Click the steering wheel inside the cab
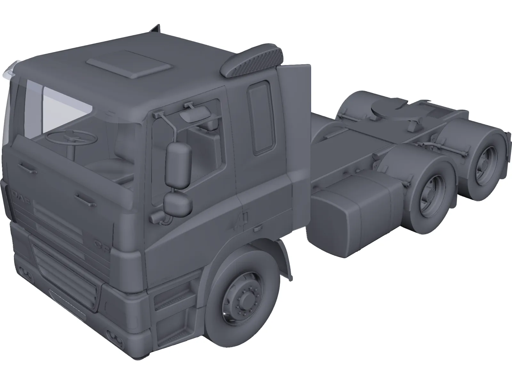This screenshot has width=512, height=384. (72, 138)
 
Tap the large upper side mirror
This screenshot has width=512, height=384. (178, 165)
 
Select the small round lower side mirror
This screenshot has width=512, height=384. (178, 204)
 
